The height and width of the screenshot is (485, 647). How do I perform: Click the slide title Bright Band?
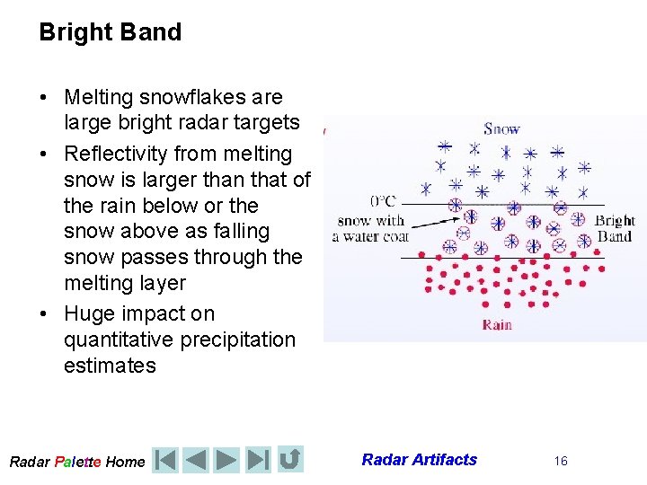coord(110,32)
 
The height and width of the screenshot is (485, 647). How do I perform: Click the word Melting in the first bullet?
coord(102,97)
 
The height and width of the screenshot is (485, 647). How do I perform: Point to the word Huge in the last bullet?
coord(89,313)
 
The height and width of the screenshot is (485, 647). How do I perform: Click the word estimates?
coord(110,366)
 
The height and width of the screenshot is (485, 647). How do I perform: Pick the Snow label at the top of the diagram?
coord(501,128)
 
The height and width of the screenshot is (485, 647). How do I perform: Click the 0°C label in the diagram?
coord(383,200)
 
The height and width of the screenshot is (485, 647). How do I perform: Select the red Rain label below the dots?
coord(497,324)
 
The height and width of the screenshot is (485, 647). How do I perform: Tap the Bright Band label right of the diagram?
coord(615,228)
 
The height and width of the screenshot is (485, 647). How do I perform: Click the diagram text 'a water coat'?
coord(370,237)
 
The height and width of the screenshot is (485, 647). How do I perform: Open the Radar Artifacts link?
coord(419,460)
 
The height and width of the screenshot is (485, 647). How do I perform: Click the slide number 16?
coord(561,461)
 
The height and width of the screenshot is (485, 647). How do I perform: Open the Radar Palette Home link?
coord(76,462)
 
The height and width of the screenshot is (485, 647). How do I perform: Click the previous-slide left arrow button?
coord(195,460)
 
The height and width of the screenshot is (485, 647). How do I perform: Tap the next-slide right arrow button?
coord(226,460)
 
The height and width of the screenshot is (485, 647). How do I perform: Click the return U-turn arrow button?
coord(290,460)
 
